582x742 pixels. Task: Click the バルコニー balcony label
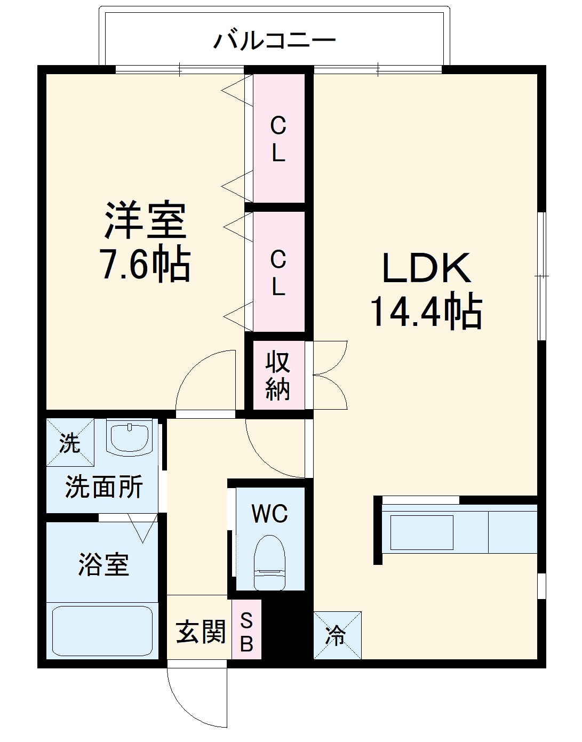275,41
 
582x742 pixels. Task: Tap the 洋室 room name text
145,220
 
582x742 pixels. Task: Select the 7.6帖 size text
145,264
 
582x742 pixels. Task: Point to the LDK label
426,268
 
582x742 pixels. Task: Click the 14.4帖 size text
426,312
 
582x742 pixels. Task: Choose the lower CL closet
278,273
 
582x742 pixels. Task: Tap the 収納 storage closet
278,376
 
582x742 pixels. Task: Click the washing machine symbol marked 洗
70,443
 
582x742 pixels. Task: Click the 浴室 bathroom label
103,564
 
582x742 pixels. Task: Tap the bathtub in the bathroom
102,631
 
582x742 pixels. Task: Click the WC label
270,513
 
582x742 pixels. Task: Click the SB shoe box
246,632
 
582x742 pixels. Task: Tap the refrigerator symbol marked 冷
337,635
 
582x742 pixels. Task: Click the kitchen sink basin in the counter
421,532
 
